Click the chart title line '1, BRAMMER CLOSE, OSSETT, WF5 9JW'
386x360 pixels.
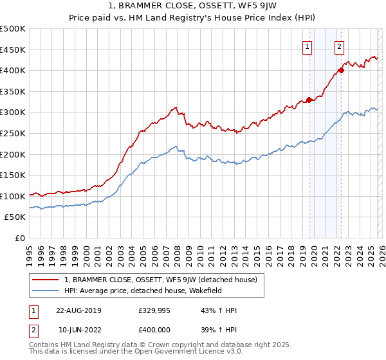[193, 7]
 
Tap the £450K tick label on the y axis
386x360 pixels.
[13, 50]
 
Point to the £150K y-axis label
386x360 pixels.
[13, 175]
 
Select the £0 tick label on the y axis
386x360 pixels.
[19, 238]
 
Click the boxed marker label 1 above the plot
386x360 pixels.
[307, 46]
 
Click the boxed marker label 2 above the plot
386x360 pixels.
[338, 46]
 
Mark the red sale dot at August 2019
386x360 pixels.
[309, 100]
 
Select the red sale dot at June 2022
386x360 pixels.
[341, 70]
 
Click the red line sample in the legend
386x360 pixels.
[46, 279]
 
